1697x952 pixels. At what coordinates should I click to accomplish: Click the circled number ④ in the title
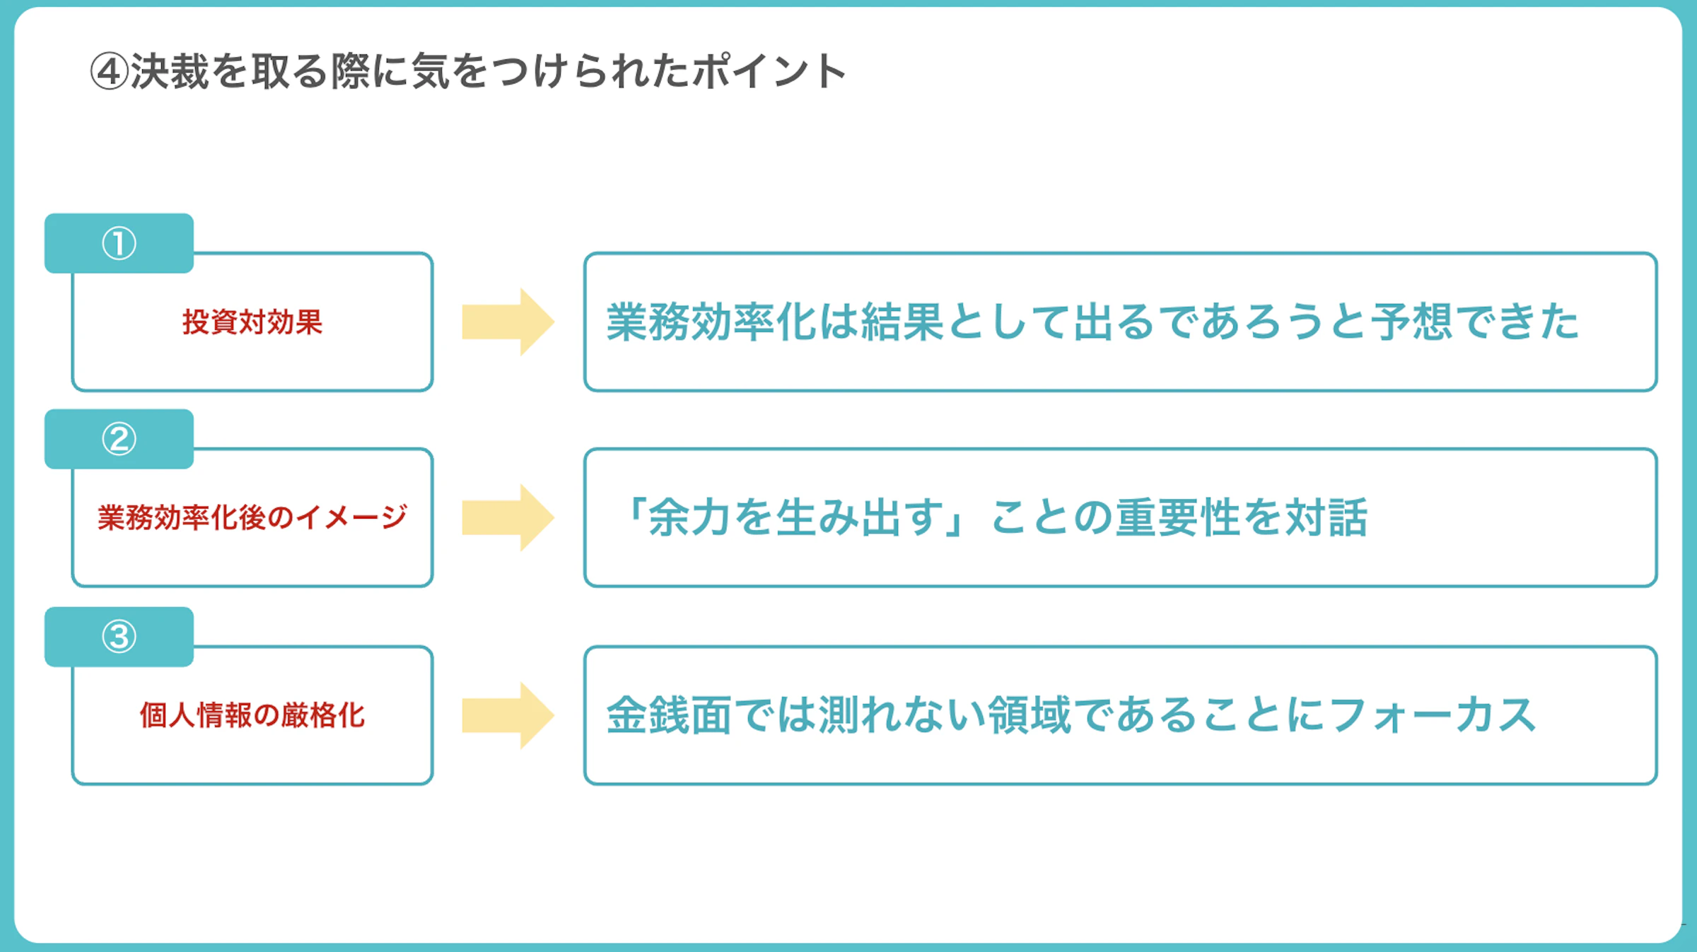pos(110,71)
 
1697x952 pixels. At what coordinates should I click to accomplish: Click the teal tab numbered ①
pos(119,243)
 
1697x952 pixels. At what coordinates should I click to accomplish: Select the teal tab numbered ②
pos(119,439)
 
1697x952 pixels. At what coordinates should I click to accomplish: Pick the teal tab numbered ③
pos(119,637)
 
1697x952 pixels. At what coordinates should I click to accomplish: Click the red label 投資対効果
pos(252,322)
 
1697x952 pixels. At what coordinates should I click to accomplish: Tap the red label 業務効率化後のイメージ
pos(252,518)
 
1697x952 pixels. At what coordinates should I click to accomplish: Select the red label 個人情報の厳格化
pos(252,715)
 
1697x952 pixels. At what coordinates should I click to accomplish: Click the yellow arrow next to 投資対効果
pos(508,322)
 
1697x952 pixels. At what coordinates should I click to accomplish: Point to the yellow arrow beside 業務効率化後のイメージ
pos(508,518)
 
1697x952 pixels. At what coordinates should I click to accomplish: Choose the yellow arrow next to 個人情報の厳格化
pos(508,715)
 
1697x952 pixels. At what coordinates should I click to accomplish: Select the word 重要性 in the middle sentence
pos(1178,517)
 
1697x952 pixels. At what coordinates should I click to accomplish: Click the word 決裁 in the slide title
pos(170,71)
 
